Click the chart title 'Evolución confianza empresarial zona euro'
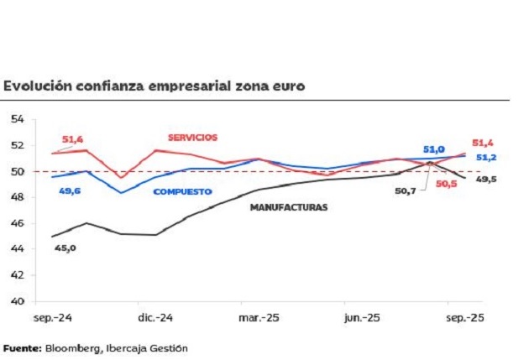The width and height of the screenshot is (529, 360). (154, 86)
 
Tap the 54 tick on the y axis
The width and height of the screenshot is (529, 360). (17, 119)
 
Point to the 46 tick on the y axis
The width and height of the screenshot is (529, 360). (17, 223)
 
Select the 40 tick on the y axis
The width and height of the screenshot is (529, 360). (17, 301)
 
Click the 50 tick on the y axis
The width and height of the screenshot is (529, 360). (17, 171)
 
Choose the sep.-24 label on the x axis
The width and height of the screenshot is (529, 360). (51, 318)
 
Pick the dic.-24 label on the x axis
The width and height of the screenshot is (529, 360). (155, 318)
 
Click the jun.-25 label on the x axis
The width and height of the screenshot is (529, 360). (362, 318)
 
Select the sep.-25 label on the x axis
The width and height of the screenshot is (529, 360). (463, 318)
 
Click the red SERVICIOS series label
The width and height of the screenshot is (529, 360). (192, 137)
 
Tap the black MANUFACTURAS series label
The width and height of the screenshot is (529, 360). (288, 206)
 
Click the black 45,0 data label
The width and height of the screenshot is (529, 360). (65, 248)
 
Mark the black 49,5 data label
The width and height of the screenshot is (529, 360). (488, 178)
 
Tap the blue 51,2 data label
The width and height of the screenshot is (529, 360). (486, 157)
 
